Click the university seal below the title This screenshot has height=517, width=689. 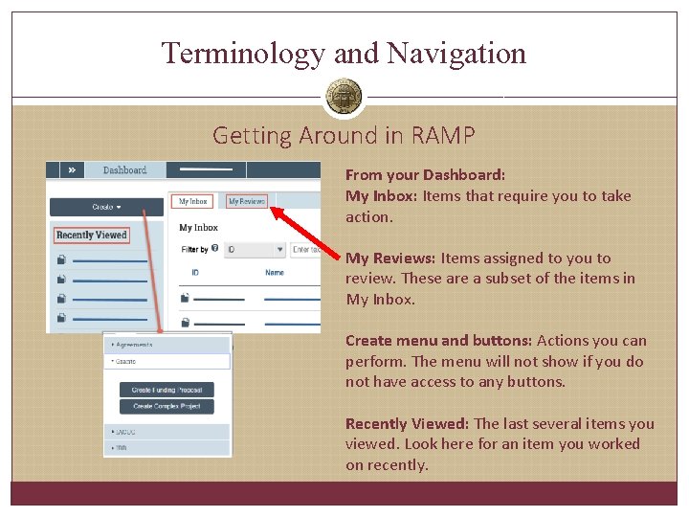(344, 97)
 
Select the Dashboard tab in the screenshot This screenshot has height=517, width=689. (124, 170)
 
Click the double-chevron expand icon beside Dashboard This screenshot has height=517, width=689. (72, 170)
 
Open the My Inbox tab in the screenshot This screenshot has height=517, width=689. (193, 201)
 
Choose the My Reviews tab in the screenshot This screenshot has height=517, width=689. (246, 201)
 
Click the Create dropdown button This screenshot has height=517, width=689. (113, 207)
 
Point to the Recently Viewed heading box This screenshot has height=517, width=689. (91, 235)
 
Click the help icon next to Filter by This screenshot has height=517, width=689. (215, 249)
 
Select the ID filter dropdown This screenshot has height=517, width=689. (255, 250)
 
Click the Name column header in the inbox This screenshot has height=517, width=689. (275, 273)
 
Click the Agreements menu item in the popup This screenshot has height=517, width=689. (135, 345)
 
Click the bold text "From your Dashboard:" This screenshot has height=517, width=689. (425, 175)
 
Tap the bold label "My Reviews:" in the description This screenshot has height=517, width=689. (390, 258)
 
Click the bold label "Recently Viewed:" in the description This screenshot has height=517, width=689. (407, 423)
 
